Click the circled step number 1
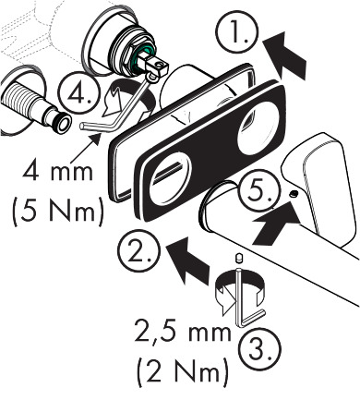coord(239,36)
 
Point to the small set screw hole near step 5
coord(292,193)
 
